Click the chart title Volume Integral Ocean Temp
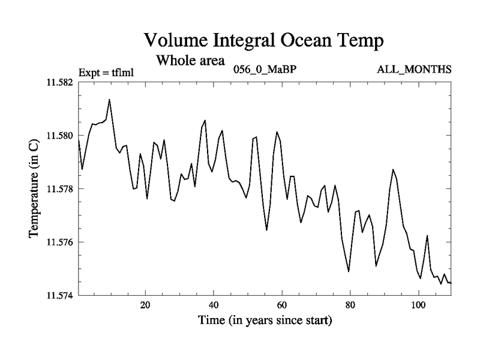coord(263,41)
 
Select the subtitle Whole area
coord(190,61)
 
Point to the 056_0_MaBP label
coord(265,70)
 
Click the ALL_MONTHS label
coord(414,70)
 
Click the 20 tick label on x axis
coord(145,305)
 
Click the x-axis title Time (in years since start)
coord(265,321)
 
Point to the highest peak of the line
coord(109,100)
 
